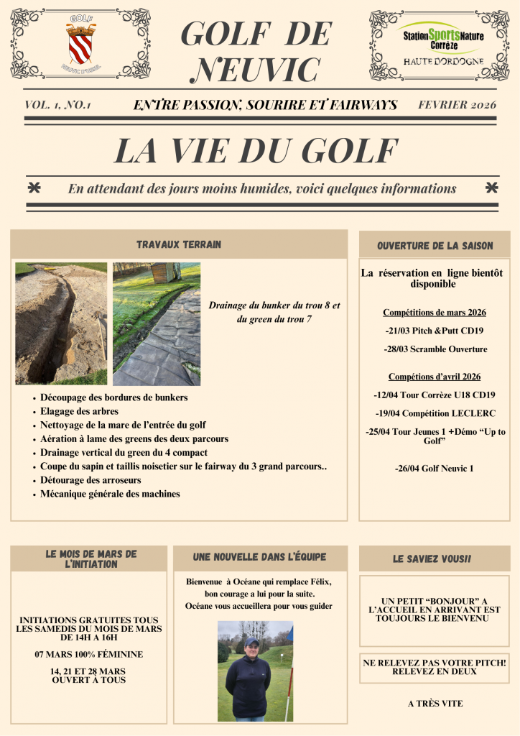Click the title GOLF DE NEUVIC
coord(257,52)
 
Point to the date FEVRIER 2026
coord(457,105)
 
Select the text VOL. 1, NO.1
coord(57,105)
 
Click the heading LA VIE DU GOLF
coord(256,149)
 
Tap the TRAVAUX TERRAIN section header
coord(179,244)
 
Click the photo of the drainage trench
coord(61,323)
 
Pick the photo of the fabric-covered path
coord(157,323)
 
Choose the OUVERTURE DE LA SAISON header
coord(435,246)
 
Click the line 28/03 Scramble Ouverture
coord(435,349)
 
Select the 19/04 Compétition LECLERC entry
coord(435,413)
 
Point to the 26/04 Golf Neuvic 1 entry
coord(435,469)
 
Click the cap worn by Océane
coord(251,641)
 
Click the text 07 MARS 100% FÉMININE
coord(89,654)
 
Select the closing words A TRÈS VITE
coord(435,704)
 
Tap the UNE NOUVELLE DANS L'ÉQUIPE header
coord(259,557)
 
